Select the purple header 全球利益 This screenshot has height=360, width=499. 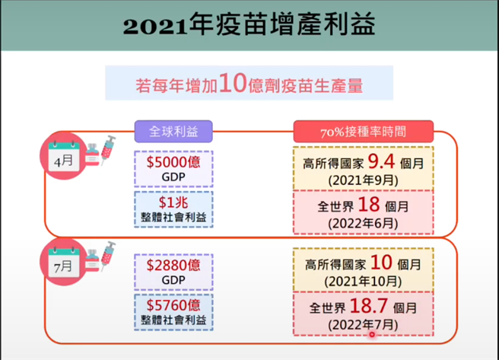(173, 131)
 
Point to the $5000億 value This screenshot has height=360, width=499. (173, 161)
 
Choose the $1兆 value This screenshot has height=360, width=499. (173, 202)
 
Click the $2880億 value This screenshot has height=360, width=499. (173, 265)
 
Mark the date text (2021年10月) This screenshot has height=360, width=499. (363, 281)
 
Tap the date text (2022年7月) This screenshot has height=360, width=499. (363, 326)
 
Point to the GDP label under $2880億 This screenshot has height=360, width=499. (173, 280)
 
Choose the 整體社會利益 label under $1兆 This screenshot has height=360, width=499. (173, 218)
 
